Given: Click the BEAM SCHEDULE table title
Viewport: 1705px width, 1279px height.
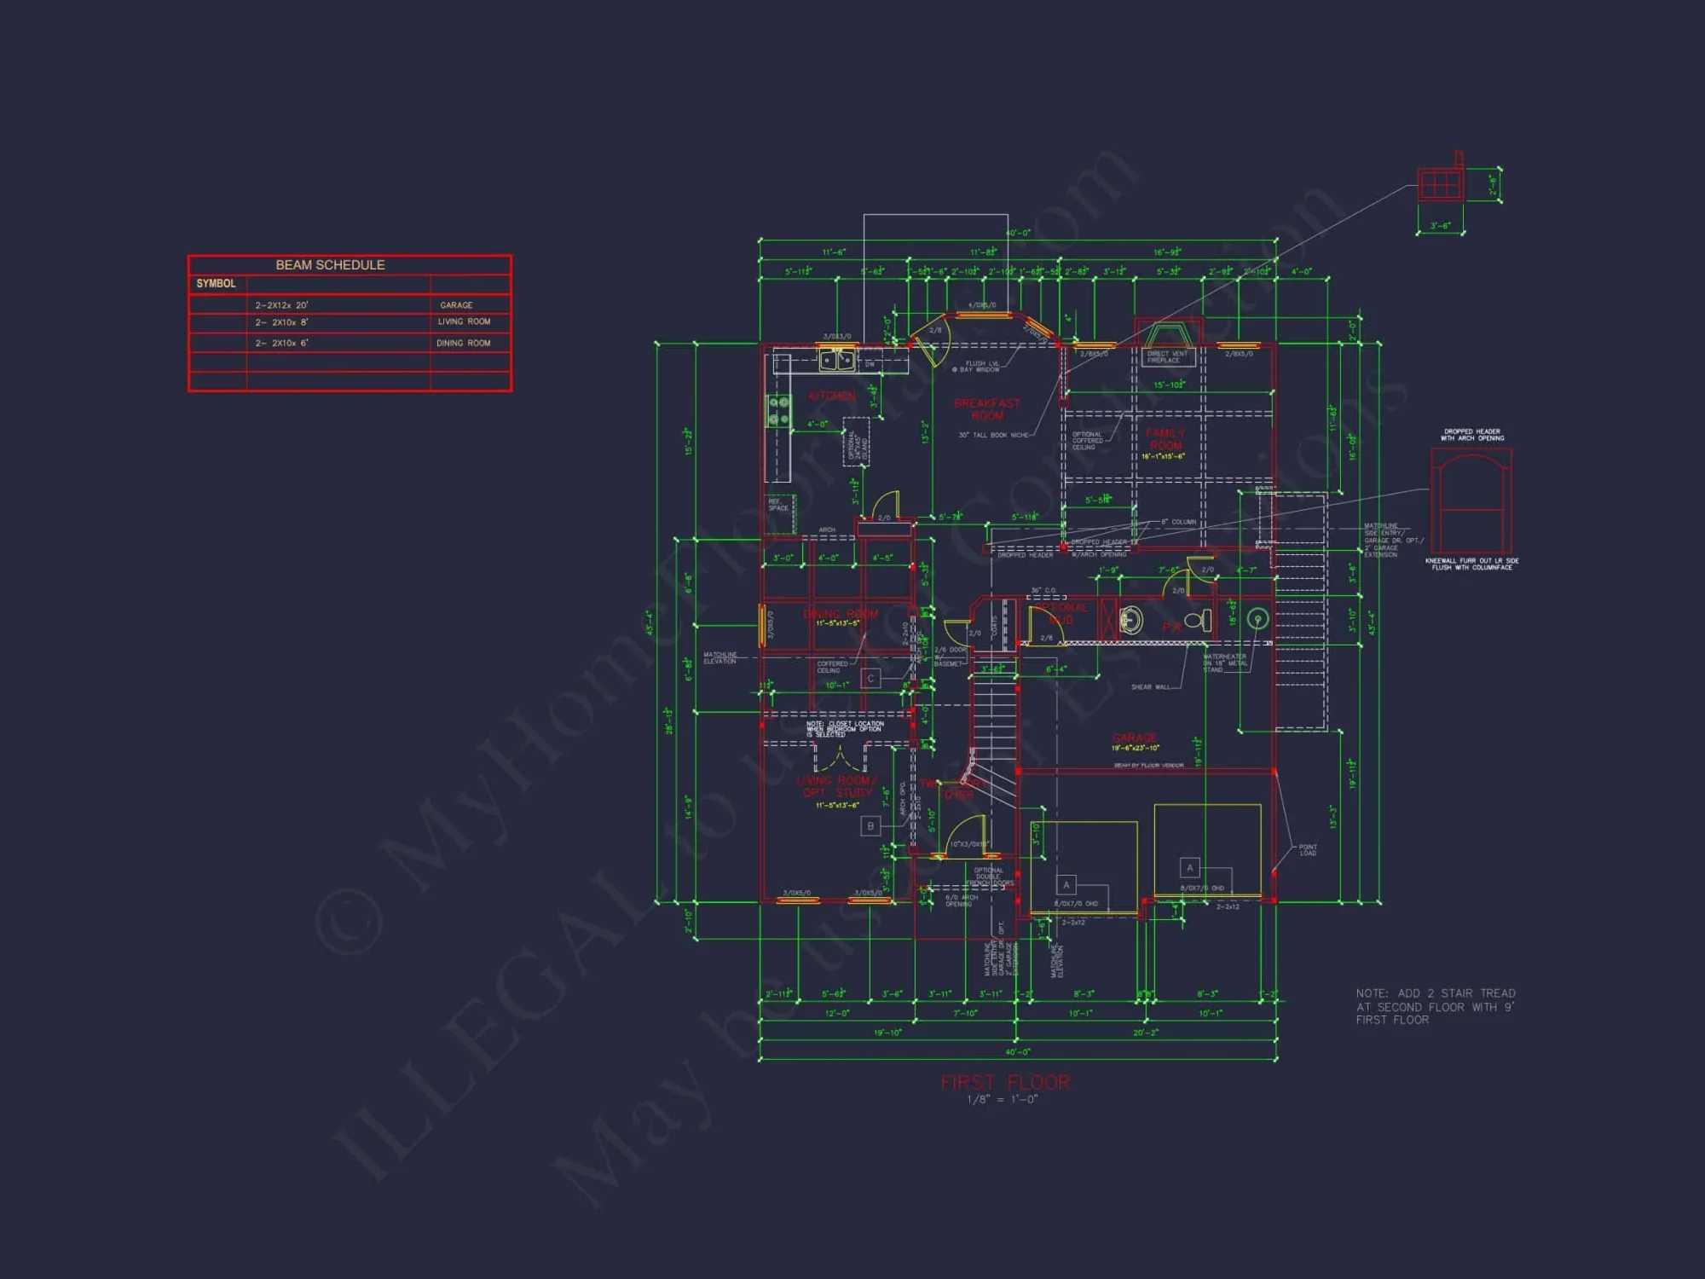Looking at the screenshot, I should point(330,265).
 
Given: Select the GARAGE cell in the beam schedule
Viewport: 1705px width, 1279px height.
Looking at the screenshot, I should point(456,305).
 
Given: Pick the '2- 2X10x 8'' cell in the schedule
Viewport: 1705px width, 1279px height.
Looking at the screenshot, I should point(282,322).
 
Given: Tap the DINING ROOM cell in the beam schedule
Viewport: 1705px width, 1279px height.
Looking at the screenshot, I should point(463,344).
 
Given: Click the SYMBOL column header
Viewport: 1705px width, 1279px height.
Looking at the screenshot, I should point(216,284).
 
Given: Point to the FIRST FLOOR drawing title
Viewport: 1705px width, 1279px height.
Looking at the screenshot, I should point(1005,1082).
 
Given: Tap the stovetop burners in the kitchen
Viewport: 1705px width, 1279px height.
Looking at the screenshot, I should point(779,410).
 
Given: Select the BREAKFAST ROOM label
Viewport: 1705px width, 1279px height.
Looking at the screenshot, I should point(987,409).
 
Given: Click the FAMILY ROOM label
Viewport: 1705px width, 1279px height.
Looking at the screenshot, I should point(1165,439).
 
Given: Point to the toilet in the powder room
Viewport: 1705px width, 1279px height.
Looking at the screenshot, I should point(1199,621).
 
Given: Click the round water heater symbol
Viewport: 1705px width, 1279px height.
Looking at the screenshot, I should point(1257,619).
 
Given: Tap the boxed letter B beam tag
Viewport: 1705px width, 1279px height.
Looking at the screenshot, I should point(870,826).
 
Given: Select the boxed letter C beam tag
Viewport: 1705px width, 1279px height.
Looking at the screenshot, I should point(870,679).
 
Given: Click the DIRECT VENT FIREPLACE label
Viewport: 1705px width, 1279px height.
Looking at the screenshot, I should point(1166,356).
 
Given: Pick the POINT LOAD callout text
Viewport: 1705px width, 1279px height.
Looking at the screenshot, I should point(1308,850).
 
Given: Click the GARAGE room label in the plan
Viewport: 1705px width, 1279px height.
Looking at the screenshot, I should point(1135,738).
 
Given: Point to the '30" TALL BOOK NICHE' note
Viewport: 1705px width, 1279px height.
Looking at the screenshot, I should point(993,435).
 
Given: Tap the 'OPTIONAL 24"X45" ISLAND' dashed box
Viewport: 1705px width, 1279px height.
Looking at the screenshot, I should point(856,442).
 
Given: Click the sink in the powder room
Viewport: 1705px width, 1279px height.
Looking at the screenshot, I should point(1131,620).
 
